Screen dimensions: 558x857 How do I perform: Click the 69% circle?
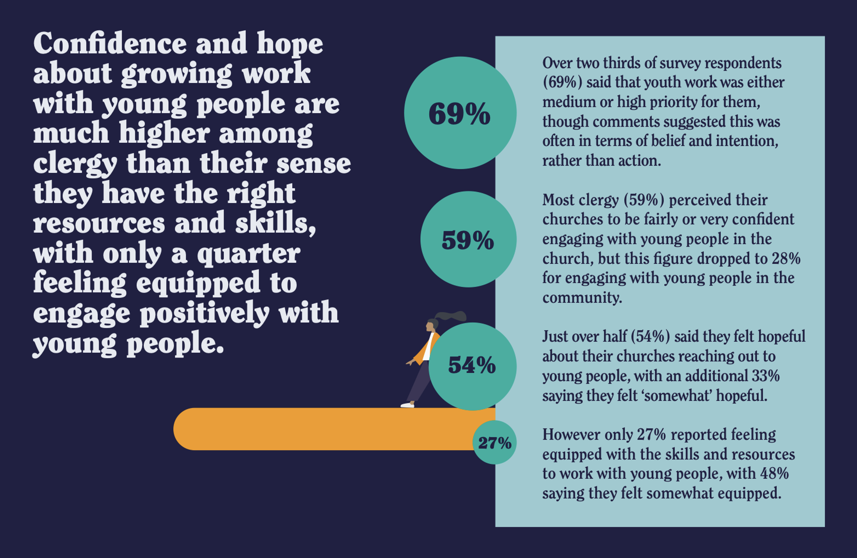click(460, 113)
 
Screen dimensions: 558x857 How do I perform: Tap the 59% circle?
click(468, 239)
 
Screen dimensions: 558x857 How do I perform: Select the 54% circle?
click(472, 366)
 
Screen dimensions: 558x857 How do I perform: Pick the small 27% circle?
click(494, 442)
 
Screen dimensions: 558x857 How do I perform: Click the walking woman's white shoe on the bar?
click(407, 404)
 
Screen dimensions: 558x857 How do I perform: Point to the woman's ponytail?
click(452, 317)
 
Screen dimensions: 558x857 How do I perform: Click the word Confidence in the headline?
click(110, 44)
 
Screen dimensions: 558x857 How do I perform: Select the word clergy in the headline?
click(75, 164)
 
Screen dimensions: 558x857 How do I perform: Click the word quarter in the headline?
click(249, 254)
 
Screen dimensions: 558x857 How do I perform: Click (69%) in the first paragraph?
click(562, 82)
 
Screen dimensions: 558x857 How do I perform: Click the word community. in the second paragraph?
click(582, 298)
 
